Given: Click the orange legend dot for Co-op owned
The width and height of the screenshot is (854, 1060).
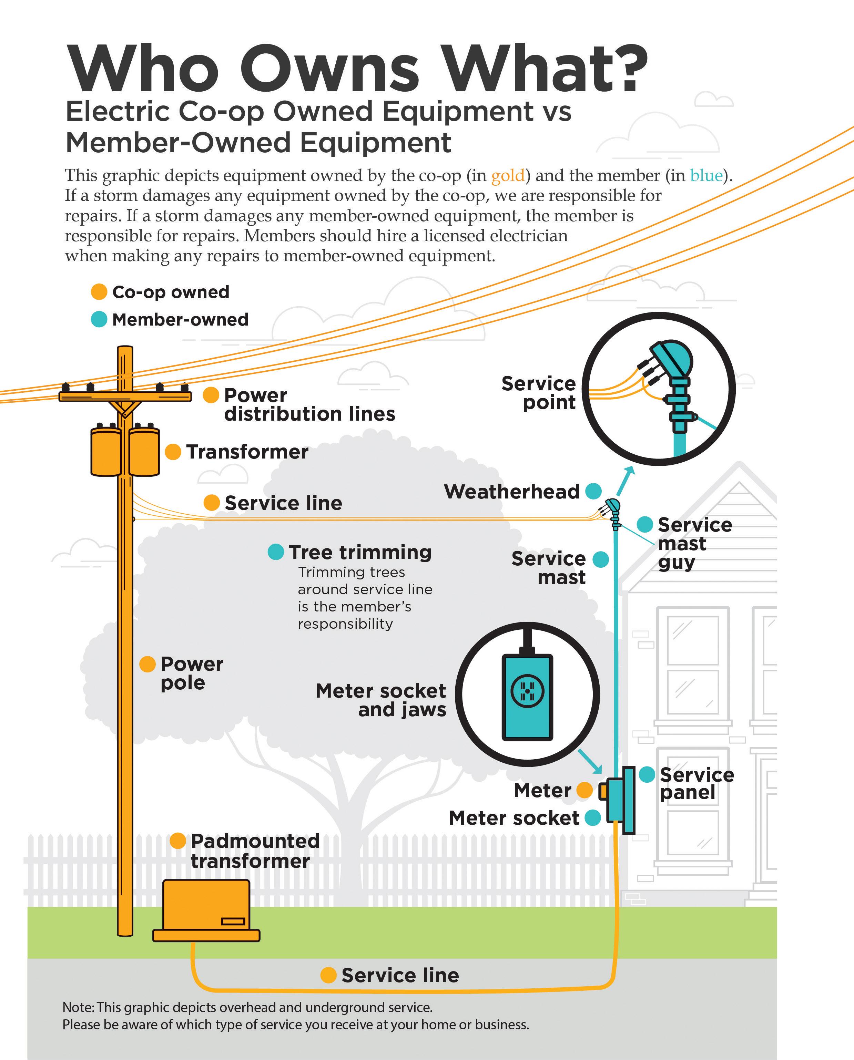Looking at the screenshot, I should coord(99,291).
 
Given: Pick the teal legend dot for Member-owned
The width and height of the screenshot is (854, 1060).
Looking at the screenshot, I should coord(99,320).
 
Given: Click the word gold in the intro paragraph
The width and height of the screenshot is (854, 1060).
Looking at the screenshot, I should coord(508,176).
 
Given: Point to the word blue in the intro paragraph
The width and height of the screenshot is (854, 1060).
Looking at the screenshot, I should coord(706,176).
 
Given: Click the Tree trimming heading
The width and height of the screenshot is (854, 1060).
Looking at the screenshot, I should coord(360,552).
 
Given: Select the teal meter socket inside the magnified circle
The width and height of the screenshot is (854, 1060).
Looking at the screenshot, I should coord(527,697).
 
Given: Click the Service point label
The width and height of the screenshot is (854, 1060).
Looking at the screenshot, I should coord(539,393).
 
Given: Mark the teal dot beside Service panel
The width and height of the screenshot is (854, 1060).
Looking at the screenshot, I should coord(647,774).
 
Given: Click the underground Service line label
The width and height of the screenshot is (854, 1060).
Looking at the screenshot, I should coord(400,975).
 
